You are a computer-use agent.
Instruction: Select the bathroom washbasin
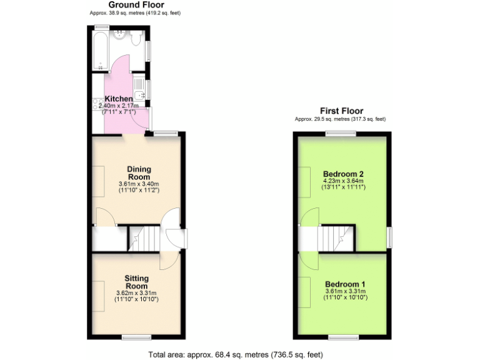119,34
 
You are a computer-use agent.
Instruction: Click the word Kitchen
118,99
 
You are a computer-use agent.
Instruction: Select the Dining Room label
139,172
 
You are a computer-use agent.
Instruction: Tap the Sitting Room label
136,282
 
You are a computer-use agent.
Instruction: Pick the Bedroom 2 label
343,174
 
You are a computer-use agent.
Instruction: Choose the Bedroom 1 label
345,284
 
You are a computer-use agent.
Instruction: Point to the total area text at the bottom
236,354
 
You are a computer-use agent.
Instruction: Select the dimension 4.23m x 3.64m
343,181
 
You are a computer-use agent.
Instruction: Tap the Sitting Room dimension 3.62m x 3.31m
136,293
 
